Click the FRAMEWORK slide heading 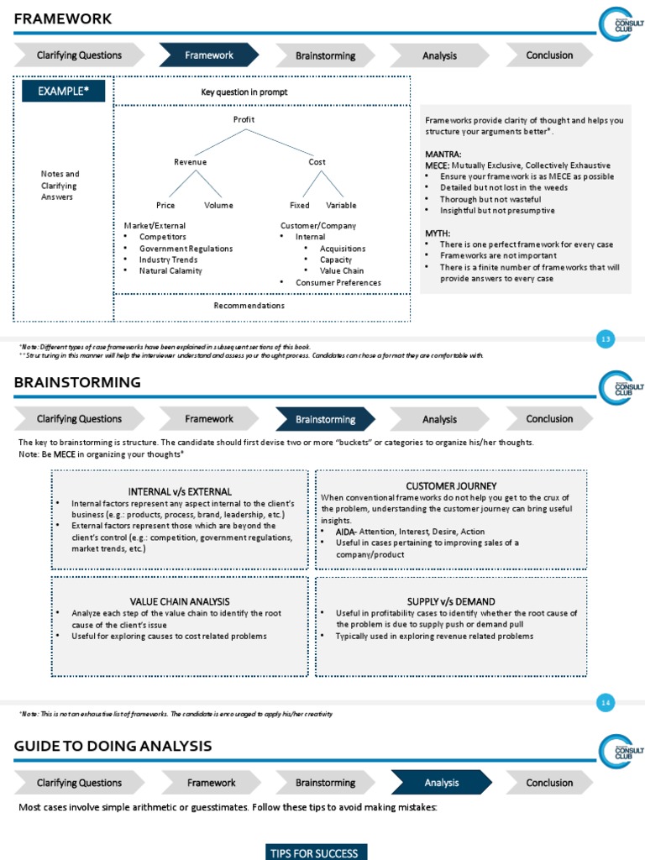pyautogui.click(x=63, y=19)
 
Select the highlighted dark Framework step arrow pyautogui.click(x=209, y=55)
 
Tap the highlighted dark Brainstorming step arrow pyautogui.click(x=325, y=419)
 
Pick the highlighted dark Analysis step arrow pyautogui.click(x=441, y=783)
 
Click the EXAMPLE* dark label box pyautogui.click(x=63, y=92)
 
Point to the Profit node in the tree pyautogui.click(x=244, y=119)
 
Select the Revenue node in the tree pyautogui.click(x=190, y=162)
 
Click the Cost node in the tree pyautogui.click(x=317, y=162)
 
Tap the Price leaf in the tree pyautogui.click(x=165, y=205)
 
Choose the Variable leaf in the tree pyautogui.click(x=341, y=205)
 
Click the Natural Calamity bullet pyautogui.click(x=170, y=270)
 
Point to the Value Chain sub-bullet pyautogui.click(x=342, y=270)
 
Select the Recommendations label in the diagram pyautogui.click(x=249, y=306)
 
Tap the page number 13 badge pyautogui.click(x=606, y=338)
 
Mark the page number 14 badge pyautogui.click(x=606, y=702)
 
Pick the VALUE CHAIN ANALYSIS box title pyautogui.click(x=180, y=601)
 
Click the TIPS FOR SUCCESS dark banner pyautogui.click(x=313, y=852)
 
